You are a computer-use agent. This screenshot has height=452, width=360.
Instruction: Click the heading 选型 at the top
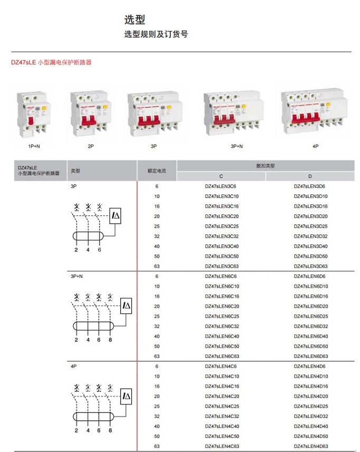(x=134, y=20)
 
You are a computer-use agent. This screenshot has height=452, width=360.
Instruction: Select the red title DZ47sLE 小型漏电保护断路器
(x=52, y=62)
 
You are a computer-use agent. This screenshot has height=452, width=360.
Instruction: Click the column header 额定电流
(x=157, y=171)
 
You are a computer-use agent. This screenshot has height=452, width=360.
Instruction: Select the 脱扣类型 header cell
(x=265, y=166)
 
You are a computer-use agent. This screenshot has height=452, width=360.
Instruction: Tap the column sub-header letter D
(x=310, y=176)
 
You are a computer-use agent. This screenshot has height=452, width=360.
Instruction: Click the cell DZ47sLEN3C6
(x=220, y=186)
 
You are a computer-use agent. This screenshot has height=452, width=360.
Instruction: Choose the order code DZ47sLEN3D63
(x=310, y=267)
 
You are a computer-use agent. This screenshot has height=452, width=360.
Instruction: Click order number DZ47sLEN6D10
(x=310, y=286)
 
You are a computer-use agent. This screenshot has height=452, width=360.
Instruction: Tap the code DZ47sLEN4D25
(x=310, y=406)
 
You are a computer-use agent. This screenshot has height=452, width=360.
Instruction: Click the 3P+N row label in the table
(x=76, y=276)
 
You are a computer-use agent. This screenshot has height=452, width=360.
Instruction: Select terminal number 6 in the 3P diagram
(x=99, y=250)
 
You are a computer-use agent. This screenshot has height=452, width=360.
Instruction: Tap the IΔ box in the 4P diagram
(x=127, y=396)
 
